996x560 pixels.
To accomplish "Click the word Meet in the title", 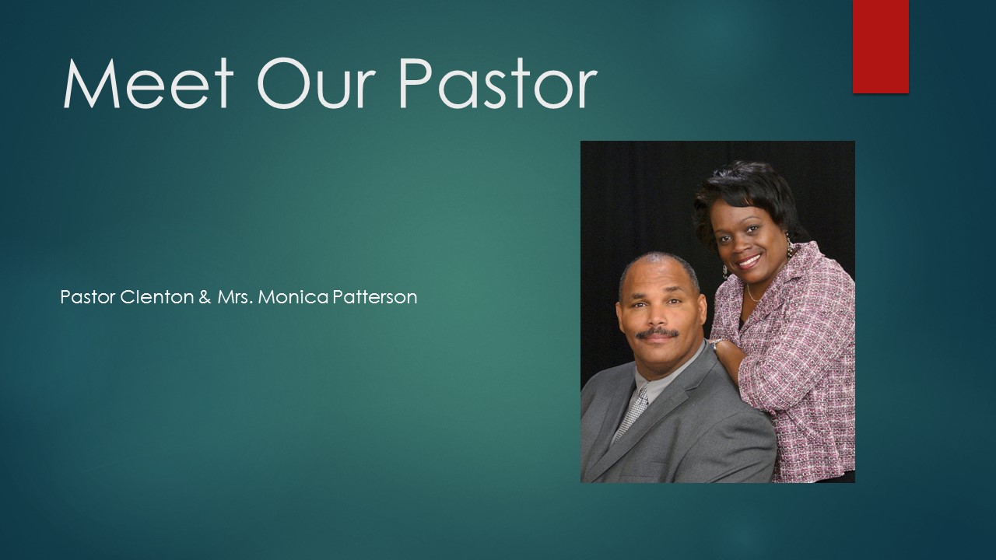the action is pos(149,83).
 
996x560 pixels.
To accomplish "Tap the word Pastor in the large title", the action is pos(497,83).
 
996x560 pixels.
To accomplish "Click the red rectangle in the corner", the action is pos(880,47).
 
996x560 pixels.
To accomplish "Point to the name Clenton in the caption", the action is pos(157,297).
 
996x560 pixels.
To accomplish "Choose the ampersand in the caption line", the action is pos(205,297).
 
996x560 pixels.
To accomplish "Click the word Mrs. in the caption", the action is pos(235,297).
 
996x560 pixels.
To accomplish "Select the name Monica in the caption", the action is pos(293,297).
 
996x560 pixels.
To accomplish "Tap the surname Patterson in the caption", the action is pos(375,297).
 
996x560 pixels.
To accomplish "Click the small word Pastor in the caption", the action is pos(88,297).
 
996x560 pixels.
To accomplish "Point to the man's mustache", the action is pos(658,334).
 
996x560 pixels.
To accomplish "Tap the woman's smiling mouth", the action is pos(749,261).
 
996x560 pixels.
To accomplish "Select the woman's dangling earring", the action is pos(790,245).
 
